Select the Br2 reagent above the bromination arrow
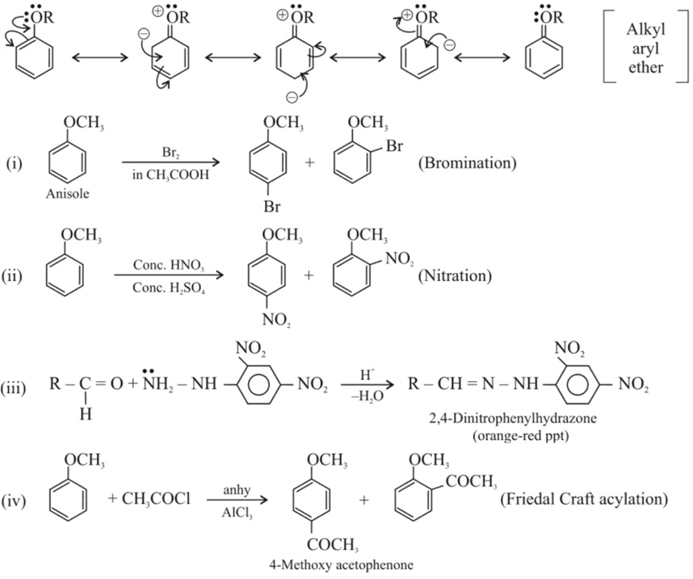165,151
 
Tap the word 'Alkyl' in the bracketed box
645,31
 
